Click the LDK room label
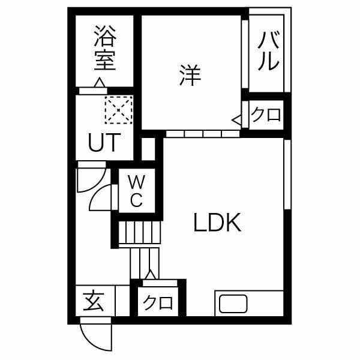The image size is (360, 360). (x=217, y=222)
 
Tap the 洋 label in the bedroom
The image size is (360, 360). (x=190, y=76)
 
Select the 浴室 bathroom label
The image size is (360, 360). (x=105, y=48)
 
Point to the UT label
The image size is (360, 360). (x=104, y=142)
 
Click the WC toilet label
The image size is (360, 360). (x=136, y=191)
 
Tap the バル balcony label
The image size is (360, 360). (x=268, y=51)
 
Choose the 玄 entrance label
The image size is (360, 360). (x=94, y=302)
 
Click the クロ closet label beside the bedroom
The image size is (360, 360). (x=266, y=115)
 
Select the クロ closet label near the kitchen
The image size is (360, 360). (x=158, y=303)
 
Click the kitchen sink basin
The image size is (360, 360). (x=233, y=304)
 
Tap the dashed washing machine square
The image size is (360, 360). (x=118, y=110)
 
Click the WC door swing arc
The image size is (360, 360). (x=101, y=197)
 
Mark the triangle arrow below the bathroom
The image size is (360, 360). (x=100, y=82)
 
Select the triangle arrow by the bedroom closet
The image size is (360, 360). (x=236, y=120)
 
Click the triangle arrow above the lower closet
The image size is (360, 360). (x=151, y=275)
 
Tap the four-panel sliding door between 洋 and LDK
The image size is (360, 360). (x=203, y=134)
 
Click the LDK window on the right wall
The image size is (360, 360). (x=287, y=174)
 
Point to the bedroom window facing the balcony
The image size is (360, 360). (x=245, y=54)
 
